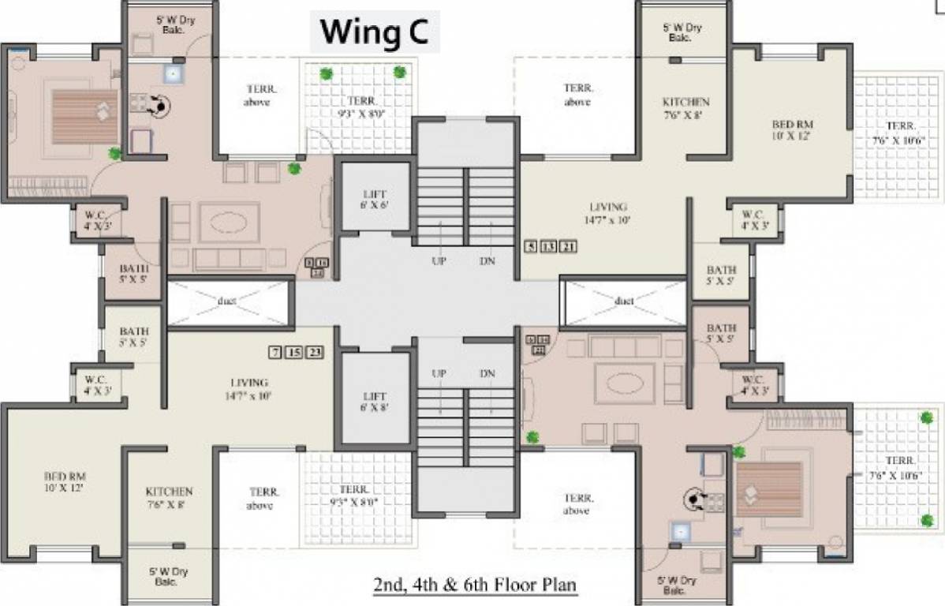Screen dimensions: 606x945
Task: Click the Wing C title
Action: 373,33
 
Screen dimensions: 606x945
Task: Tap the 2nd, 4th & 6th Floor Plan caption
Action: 475,585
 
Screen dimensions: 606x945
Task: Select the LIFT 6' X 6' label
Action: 375,199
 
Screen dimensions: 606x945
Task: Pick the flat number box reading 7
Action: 275,352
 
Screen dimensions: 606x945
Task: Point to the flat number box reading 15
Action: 294,352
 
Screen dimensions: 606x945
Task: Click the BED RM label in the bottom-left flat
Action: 65,482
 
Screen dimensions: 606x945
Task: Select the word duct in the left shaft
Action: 227,301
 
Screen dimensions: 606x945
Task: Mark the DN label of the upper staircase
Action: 487,261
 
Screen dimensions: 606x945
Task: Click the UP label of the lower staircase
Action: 439,373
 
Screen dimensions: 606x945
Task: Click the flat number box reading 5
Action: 532,247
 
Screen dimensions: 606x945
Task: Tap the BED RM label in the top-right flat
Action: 792,130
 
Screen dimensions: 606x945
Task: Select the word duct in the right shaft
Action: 624,301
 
